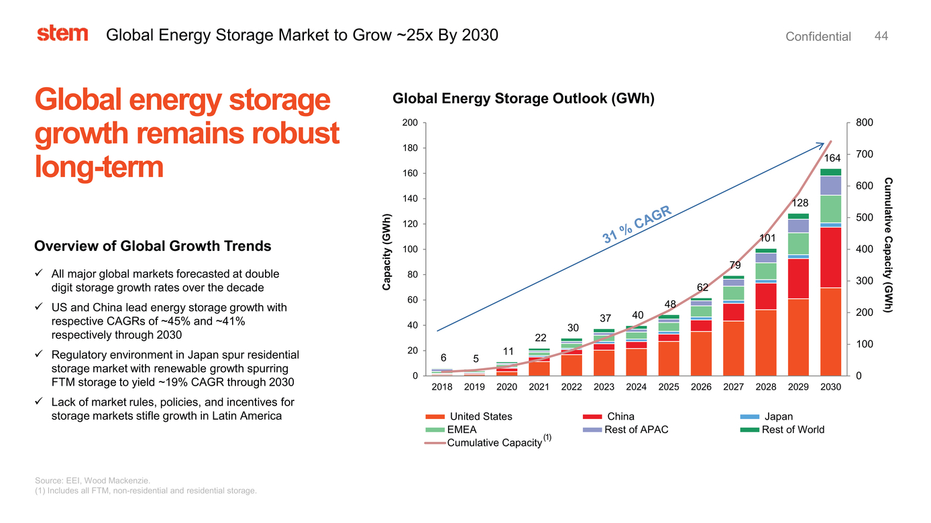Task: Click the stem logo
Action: coord(62,34)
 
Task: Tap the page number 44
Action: coord(881,36)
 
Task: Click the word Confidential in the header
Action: coord(818,37)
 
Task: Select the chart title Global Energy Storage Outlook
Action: coord(523,99)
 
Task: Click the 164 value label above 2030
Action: coord(832,158)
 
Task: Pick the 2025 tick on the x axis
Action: coord(669,387)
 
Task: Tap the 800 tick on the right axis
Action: coord(864,123)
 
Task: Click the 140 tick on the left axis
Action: coord(409,198)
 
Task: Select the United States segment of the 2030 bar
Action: coord(830,332)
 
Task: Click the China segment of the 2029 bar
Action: coord(798,278)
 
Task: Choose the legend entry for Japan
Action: coord(778,416)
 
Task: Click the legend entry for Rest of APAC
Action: coord(636,429)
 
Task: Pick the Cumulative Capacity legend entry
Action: coord(495,443)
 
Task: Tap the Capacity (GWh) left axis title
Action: coord(386,252)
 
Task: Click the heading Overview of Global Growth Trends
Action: coord(152,246)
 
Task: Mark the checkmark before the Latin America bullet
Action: coord(40,402)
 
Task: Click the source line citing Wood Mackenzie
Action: coord(93,480)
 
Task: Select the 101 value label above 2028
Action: coord(767,238)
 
